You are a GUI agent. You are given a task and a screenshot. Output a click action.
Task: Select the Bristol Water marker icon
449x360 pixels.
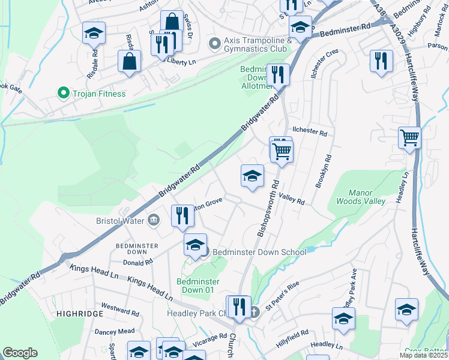point(154,220)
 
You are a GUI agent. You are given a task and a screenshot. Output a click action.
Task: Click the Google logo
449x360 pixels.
point(20,353)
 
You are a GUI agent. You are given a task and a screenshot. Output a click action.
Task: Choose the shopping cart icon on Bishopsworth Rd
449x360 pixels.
point(282,152)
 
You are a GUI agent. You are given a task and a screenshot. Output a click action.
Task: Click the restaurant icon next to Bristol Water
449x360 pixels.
point(182,216)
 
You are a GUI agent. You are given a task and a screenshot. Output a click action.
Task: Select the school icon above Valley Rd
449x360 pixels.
point(252,176)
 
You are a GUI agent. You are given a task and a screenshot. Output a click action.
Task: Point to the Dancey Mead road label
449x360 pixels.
point(114,331)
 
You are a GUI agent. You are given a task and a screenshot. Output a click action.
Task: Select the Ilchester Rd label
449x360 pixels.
point(309,131)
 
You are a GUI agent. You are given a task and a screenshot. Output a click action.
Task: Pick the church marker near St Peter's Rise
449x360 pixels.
point(254,312)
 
